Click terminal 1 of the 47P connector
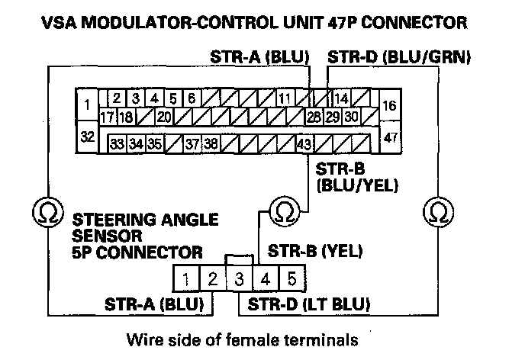tap(89, 103)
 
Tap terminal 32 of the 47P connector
tap(89, 137)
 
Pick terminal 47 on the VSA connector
tap(389, 137)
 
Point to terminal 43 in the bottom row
tap(304, 143)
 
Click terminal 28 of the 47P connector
tap(313, 117)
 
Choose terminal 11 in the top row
tap(284, 98)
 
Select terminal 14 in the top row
tap(341, 98)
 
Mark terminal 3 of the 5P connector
tap(239, 278)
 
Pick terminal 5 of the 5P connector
tap(291, 278)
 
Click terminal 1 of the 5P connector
tap(187, 278)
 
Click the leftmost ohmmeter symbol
tap(50, 211)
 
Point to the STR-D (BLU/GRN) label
tap(398, 57)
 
